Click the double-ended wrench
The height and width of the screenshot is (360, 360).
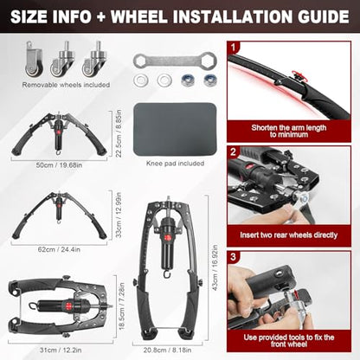click(175, 61)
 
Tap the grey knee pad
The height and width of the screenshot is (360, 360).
click(175, 129)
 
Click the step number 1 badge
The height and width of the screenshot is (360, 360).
click(234, 47)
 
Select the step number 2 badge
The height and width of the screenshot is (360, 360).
click(234, 152)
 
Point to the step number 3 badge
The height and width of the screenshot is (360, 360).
click(234, 257)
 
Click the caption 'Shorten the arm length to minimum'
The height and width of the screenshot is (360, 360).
click(289, 131)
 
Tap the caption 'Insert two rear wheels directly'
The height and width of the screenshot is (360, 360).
click(289, 235)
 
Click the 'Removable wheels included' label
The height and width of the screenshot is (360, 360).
click(66, 85)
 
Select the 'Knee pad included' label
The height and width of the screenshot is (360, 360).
click(175, 164)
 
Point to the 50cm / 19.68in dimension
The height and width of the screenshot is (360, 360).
click(59, 165)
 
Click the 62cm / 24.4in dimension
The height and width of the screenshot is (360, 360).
click(59, 249)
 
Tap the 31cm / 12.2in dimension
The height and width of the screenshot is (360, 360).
click(61, 350)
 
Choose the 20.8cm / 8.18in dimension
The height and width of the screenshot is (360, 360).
click(167, 350)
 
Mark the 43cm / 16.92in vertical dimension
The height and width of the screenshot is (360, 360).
click(215, 268)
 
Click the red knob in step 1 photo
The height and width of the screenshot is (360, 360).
click(298, 74)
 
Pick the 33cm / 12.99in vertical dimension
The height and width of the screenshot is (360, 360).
click(119, 215)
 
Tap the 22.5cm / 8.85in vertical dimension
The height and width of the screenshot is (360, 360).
click(119, 133)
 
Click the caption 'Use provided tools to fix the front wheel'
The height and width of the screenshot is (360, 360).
click(289, 341)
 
